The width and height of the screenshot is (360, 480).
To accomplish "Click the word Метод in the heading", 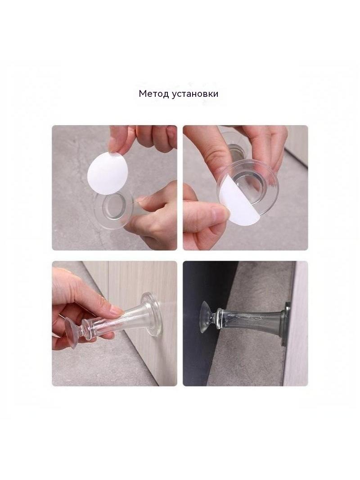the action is pyautogui.click(x=153, y=94).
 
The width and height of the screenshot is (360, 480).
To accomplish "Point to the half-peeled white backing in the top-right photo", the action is pyautogui.click(x=238, y=202).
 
